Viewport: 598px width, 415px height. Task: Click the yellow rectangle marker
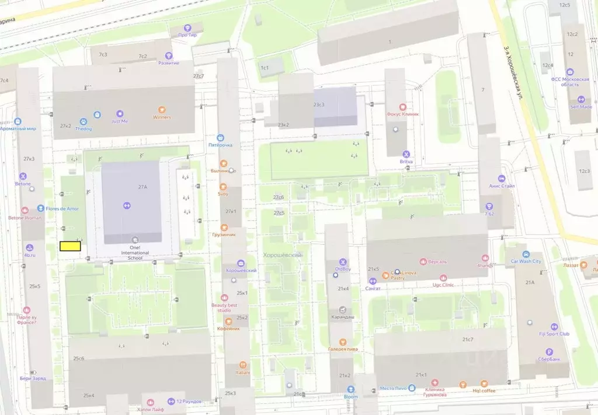point(70,246)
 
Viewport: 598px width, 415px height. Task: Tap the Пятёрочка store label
point(221,145)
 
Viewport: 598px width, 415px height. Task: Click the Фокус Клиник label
point(403,114)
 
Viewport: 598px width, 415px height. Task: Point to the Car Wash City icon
point(526,254)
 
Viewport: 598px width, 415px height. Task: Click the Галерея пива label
point(343,349)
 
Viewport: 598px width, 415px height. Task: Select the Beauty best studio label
point(224,308)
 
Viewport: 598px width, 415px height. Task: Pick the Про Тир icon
point(188,27)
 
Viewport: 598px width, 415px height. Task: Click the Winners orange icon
point(162,109)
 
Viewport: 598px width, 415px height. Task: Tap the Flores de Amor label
point(61,208)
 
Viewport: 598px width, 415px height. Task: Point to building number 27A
point(142,187)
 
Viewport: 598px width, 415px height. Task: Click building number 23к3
point(319,104)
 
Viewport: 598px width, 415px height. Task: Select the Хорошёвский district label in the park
point(282,255)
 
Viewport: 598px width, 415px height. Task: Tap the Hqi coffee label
point(484,390)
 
